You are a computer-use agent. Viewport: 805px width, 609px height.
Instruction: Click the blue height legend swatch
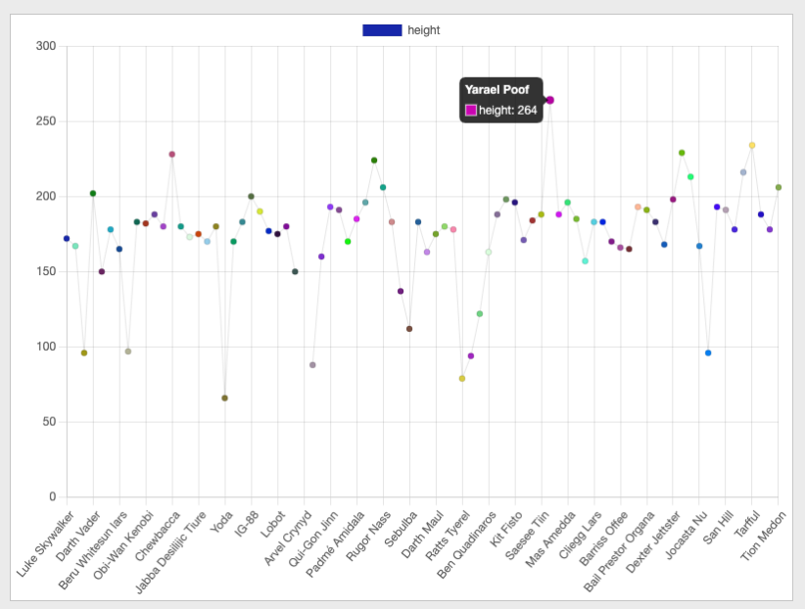click(x=382, y=30)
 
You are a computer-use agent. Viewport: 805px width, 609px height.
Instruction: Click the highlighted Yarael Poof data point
click(x=549, y=100)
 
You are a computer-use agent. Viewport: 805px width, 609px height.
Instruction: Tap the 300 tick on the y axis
click(x=47, y=46)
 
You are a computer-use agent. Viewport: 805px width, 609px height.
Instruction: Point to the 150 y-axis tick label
click(x=47, y=272)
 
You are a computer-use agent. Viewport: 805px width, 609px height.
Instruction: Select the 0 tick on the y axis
click(x=54, y=497)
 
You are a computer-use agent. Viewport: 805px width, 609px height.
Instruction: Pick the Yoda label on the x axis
click(x=220, y=518)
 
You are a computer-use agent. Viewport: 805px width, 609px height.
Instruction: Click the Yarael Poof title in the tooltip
click(x=497, y=90)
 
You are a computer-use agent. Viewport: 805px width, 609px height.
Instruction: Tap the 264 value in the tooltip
click(x=528, y=111)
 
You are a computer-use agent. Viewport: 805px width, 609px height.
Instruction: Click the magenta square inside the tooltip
click(x=471, y=111)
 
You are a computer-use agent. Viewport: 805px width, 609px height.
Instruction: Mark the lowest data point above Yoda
click(x=224, y=398)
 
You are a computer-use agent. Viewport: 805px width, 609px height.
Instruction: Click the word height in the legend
click(x=424, y=30)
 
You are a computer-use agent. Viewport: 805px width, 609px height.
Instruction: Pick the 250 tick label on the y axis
click(x=47, y=121)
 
